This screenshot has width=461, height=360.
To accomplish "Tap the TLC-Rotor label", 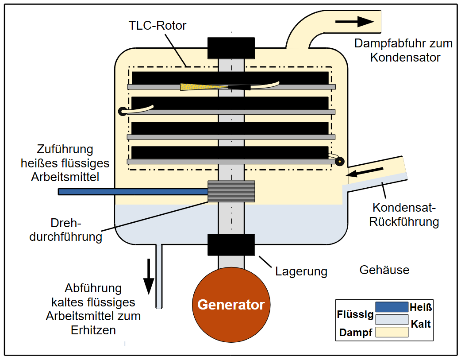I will click(158, 25).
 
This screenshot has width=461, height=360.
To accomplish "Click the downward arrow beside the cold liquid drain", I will click(149, 274).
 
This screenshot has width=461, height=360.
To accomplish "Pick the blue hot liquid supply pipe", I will click(133, 192).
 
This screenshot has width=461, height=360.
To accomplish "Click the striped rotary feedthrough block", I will click(231, 191).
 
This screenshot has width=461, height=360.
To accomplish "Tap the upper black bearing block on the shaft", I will click(231, 48).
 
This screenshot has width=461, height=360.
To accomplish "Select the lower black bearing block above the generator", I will click(231, 244).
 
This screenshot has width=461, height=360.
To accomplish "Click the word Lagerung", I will click(301, 271).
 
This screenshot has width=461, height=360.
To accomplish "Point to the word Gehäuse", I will click(384, 270).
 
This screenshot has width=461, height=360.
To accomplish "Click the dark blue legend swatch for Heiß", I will click(392, 307).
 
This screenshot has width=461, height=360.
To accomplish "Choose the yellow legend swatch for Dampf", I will click(392, 332).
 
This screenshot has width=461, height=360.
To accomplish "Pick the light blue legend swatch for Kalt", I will click(392, 319).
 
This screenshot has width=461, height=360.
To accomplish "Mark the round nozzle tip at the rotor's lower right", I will click(339, 162).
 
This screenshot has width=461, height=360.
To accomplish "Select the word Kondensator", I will click(405, 57).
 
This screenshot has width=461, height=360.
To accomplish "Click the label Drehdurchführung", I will click(65, 230).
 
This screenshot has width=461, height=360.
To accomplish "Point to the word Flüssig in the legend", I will click(355, 315).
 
